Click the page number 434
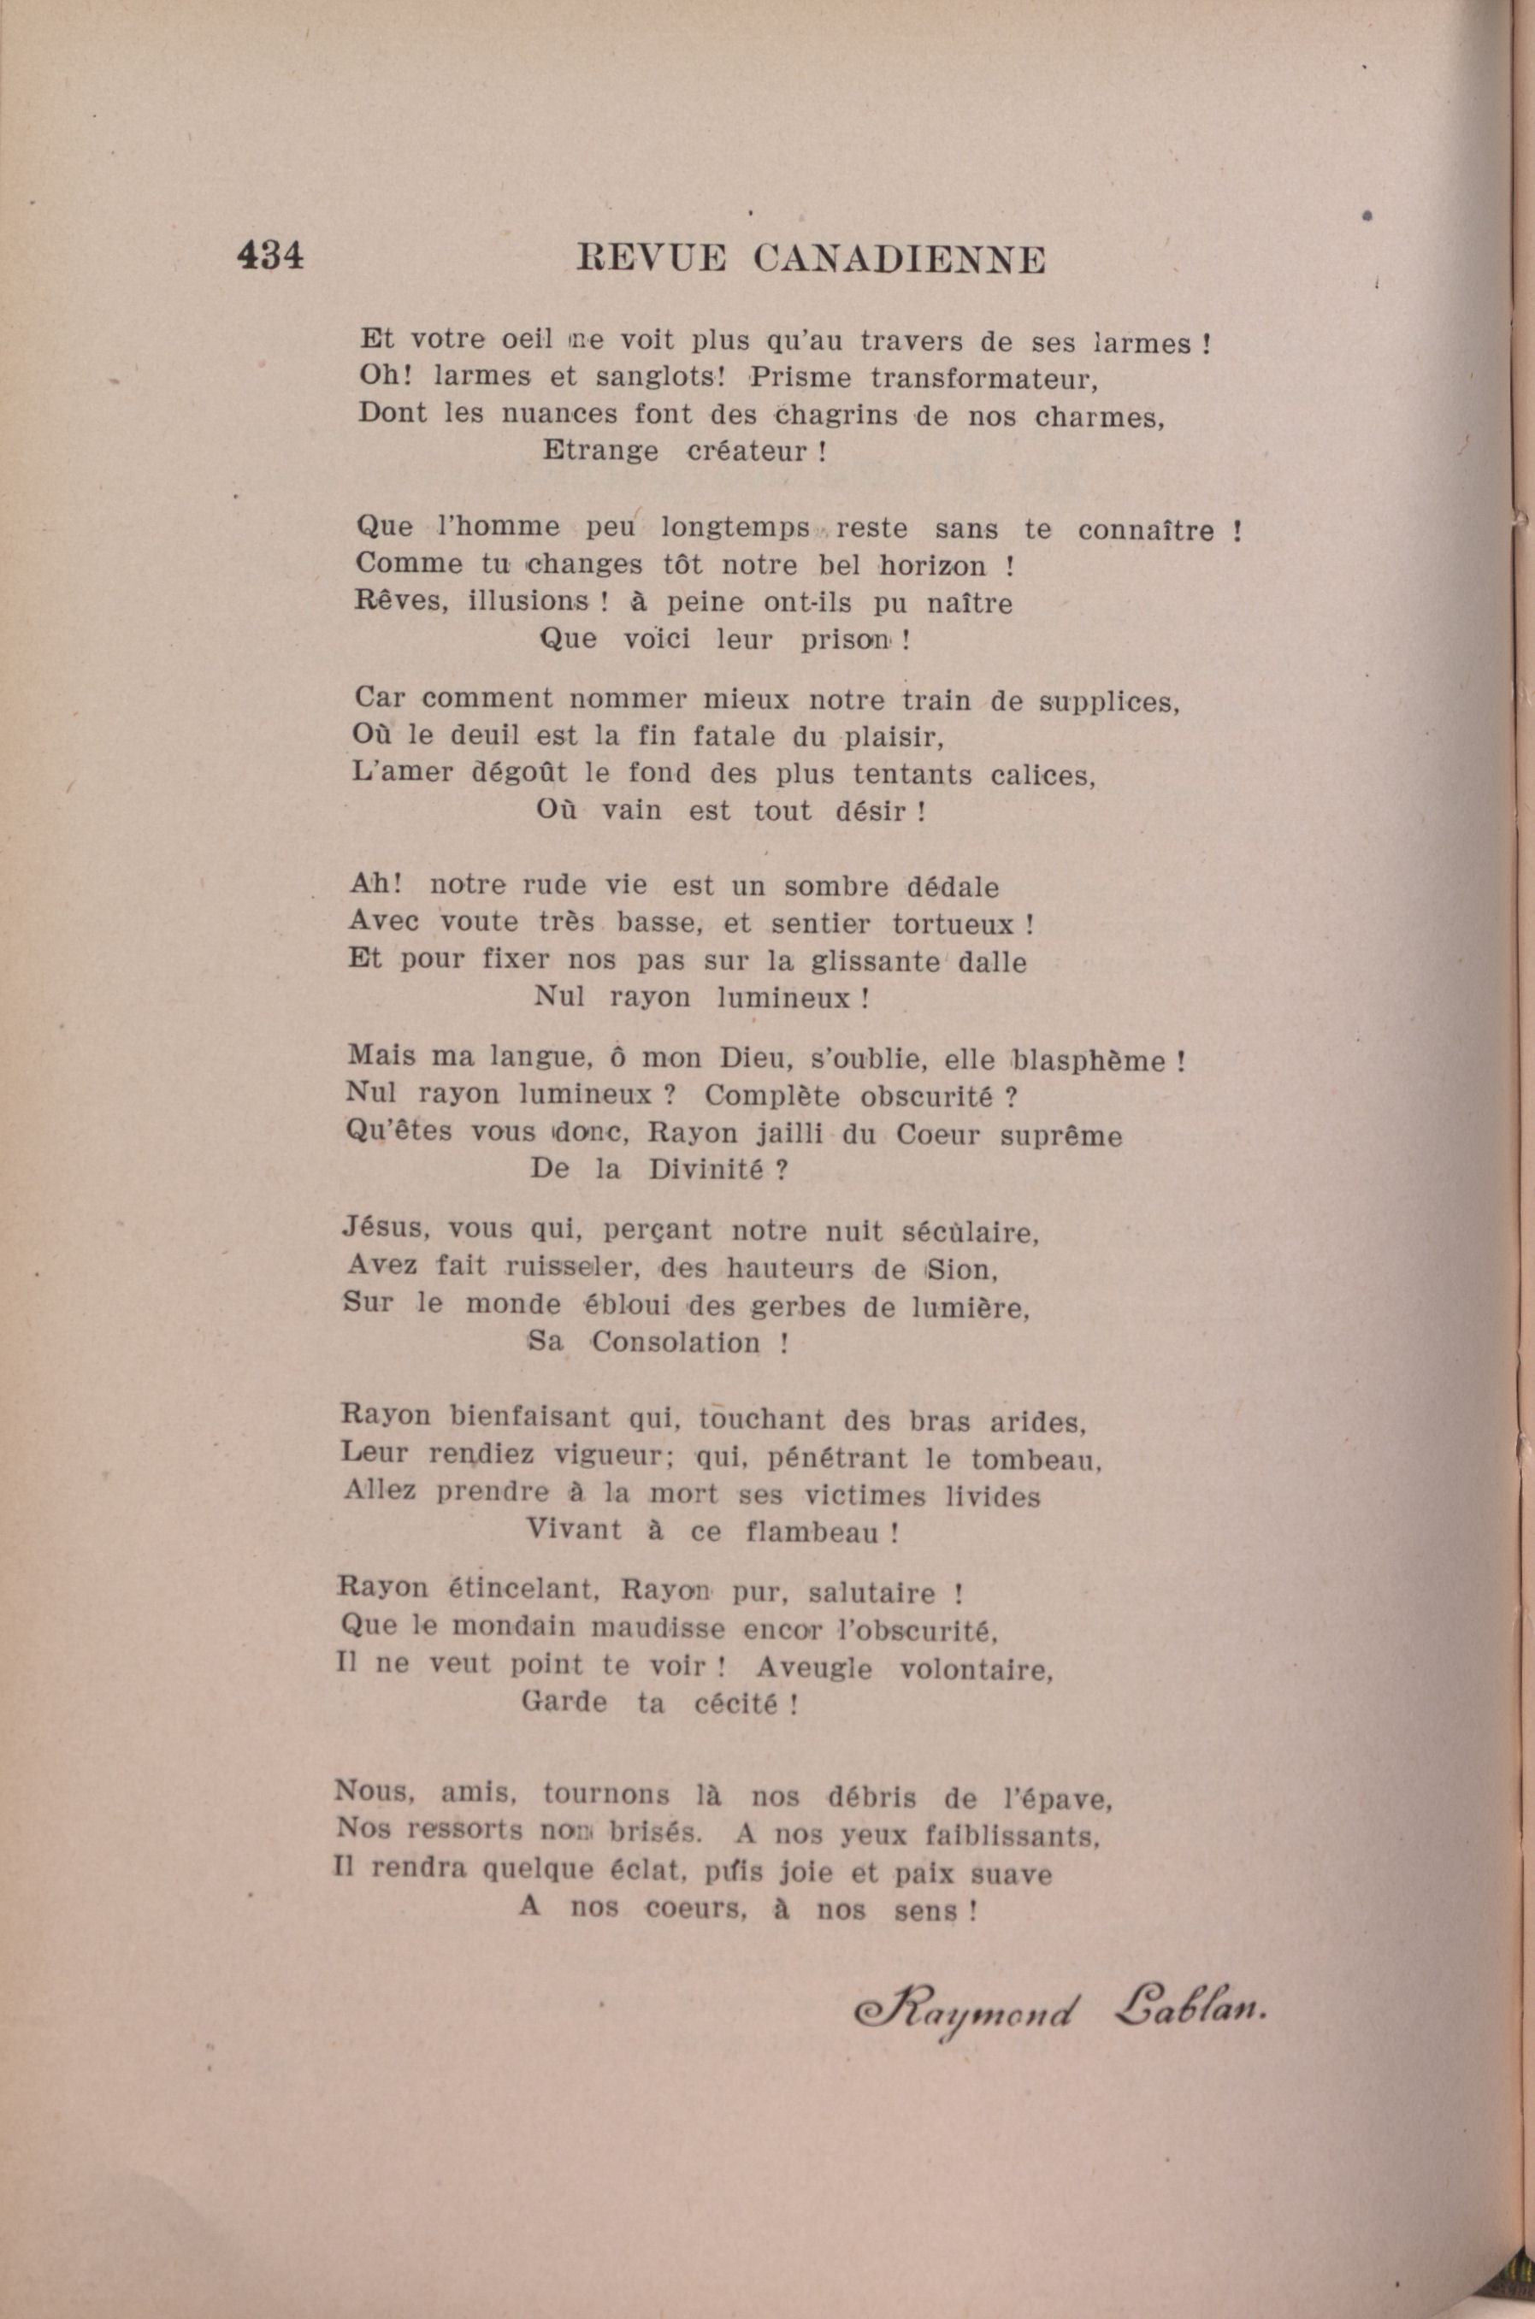270,256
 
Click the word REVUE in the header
652,258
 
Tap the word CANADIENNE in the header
900,259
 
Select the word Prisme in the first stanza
800,378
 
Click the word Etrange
600,451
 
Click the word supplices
1109,702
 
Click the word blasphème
1087,1060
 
